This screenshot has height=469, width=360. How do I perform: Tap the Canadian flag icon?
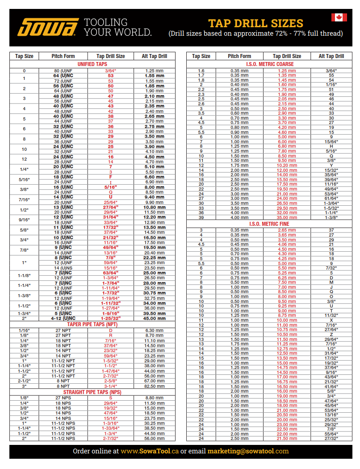tap(339, 17)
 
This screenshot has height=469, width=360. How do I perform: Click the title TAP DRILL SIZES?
tap(255, 23)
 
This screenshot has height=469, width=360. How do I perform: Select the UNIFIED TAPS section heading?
tap(92, 64)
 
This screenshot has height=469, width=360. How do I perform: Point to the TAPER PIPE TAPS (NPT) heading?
tap(92, 324)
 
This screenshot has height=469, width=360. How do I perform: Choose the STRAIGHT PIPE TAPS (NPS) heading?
tap(92, 392)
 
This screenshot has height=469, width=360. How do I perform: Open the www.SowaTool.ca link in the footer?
tap(150, 451)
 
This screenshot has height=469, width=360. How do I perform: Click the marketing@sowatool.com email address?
tap(248, 451)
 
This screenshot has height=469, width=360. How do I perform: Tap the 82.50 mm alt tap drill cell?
tap(155, 386)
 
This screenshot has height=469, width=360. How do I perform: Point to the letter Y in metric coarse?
tap(331, 165)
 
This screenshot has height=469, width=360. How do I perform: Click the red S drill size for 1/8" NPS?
tap(110, 398)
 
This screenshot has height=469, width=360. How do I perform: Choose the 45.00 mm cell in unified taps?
tap(155, 319)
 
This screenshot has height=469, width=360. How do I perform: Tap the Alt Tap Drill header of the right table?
tap(331, 56)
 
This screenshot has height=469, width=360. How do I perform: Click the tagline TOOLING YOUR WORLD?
tap(118, 28)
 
